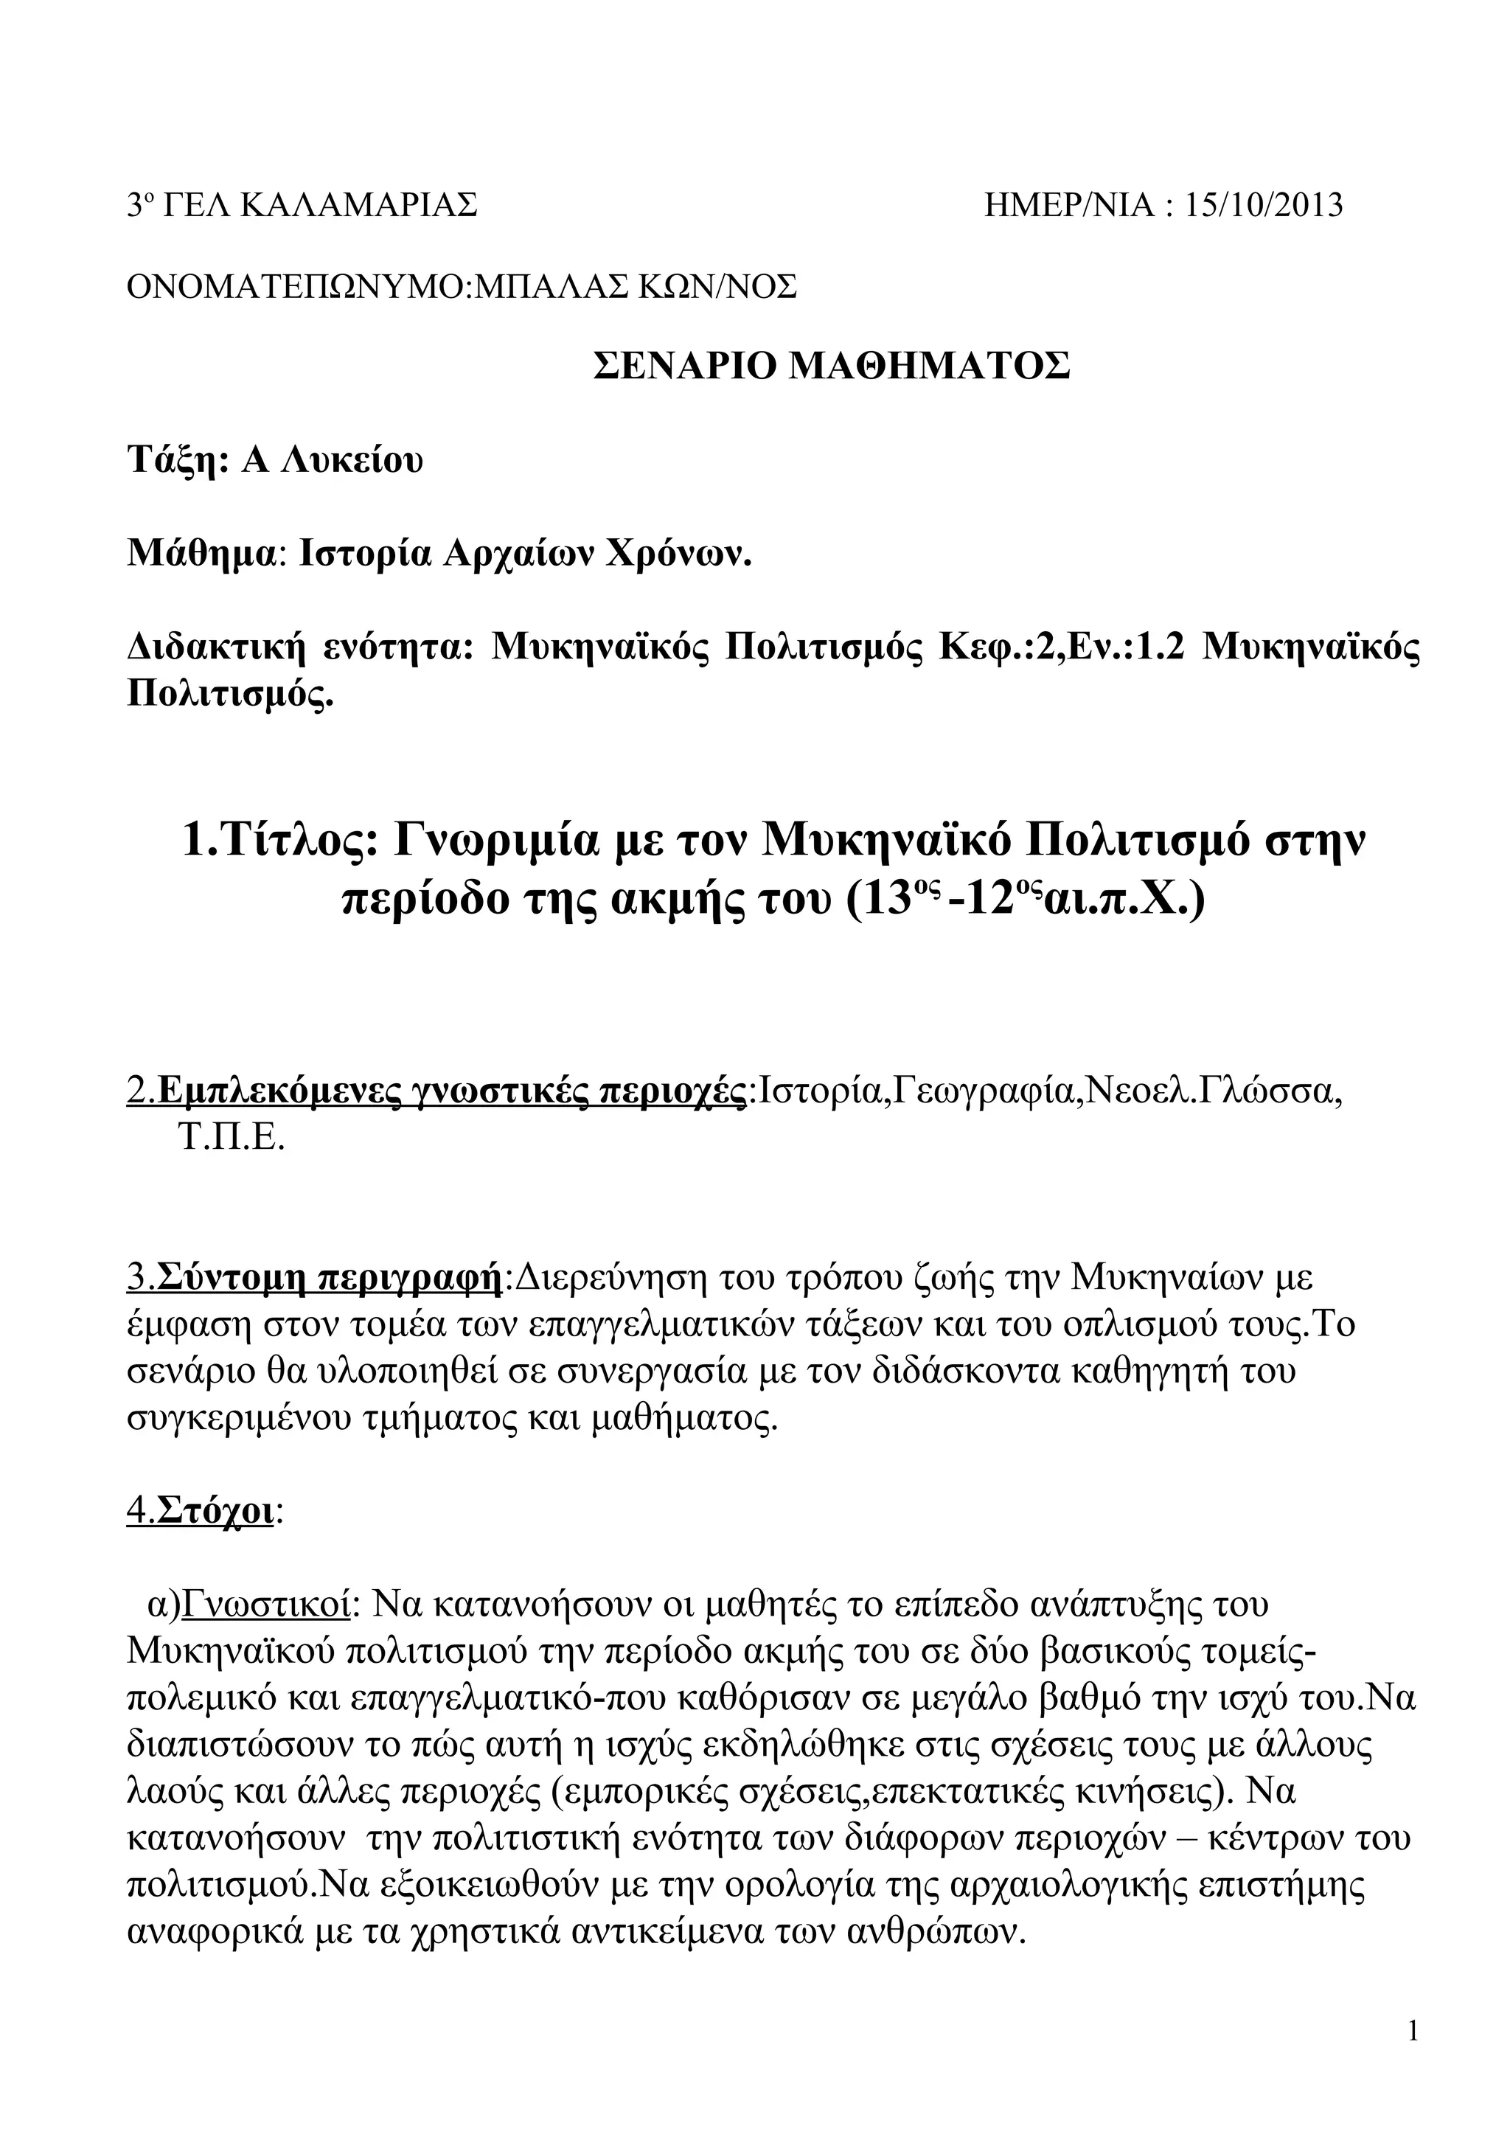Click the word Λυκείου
[332, 460]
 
